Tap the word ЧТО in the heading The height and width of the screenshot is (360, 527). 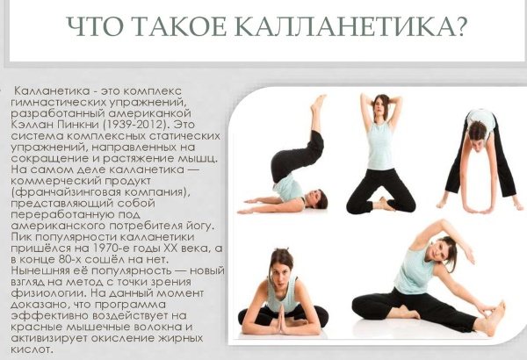95,30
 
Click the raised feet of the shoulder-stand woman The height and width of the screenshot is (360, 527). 317,103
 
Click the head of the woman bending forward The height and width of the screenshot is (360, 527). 477,131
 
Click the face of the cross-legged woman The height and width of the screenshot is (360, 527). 282,263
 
